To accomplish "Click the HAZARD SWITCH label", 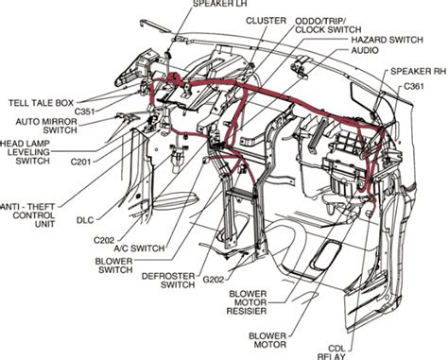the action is click(x=387, y=40).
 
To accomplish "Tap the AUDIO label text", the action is click(x=365, y=50).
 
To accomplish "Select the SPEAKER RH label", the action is click(x=418, y=71).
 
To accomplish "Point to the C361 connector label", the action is click(x=414, y=86).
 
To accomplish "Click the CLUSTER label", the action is click(x=266, y=21).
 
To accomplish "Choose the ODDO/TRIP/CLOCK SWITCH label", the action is click(x=328, y=26).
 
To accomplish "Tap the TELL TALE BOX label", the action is click(x=41, y=103).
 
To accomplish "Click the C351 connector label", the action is click(x=85, y=111).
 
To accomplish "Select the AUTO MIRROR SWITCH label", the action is click(x=46, y=126).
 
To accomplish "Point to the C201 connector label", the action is click(x=80, y=162).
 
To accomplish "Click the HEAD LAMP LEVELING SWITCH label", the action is click(x=26, y=152).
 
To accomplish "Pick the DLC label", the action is click(x=85, y=220).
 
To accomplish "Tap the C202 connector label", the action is click(x=104, y=240).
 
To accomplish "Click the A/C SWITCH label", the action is click(x=139, y=249).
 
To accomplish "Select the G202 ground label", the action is click(x=214, y=280).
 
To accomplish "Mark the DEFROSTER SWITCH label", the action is click(x=168, y=281).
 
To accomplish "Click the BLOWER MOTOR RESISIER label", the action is click(x=247, y=302).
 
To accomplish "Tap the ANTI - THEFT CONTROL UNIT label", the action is click(x=27, y=215).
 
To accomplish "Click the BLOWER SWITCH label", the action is click(x=113, y=266).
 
